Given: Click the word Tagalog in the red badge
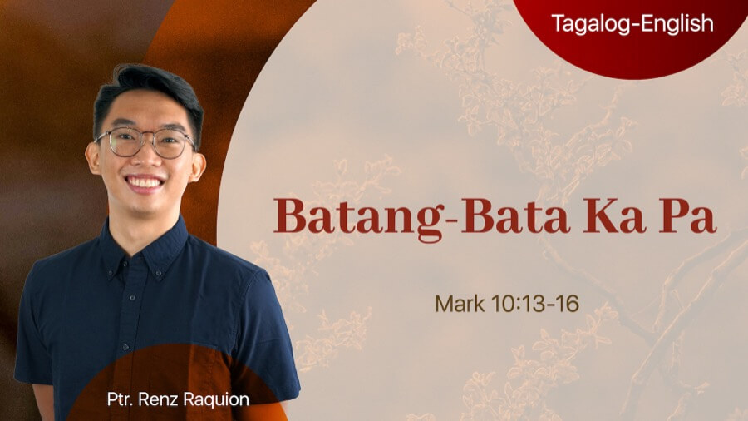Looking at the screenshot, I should [587, 24].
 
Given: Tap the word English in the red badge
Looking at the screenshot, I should [674, 24].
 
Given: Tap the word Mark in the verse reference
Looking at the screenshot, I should [458, 303].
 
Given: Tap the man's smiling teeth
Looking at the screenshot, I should [146, 181].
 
